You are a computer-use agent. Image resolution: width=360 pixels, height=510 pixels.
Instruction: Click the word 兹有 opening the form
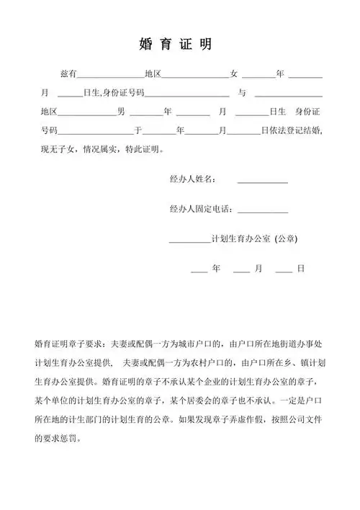(x=68, y=74)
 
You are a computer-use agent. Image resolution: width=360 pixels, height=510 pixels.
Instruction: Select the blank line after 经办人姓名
(x=262, y=182)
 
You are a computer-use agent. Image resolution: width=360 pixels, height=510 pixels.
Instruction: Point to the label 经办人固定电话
(x=201, y=209)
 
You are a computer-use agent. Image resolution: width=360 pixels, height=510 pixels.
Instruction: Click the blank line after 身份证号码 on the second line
(x=187, y=97)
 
